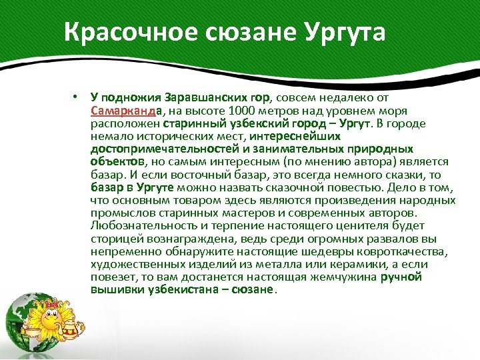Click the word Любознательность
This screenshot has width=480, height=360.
(x=145, y=225)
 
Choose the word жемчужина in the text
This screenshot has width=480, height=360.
(x=340, y=277)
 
